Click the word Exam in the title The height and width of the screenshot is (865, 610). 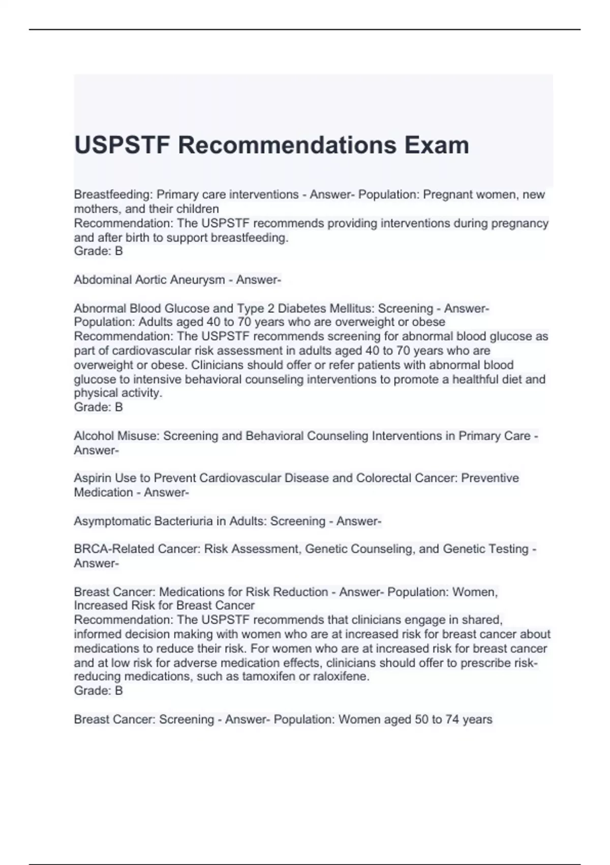(437, 145)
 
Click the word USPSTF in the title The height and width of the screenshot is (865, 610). (122, 145)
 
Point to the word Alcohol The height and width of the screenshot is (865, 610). (94, 436)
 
